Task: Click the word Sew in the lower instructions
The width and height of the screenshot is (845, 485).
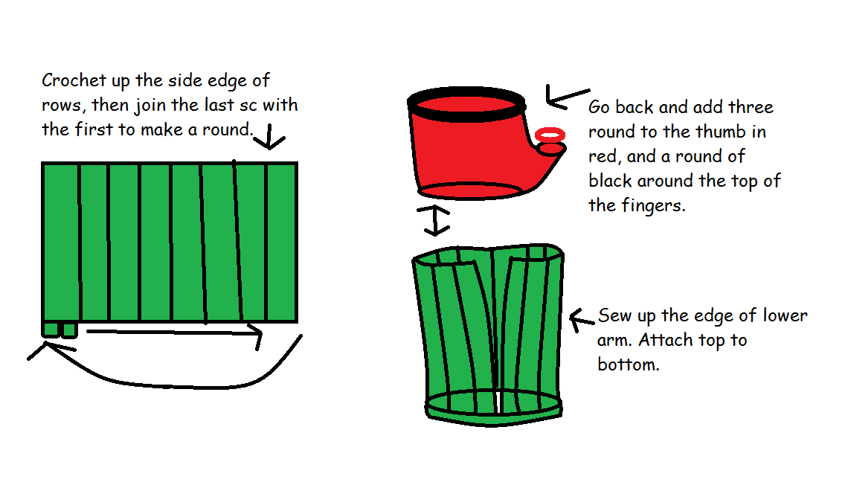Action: pos(616,315)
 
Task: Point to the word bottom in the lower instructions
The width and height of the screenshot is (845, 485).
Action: pos(628,364)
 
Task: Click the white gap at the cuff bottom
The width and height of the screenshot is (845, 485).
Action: pos(495,402)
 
